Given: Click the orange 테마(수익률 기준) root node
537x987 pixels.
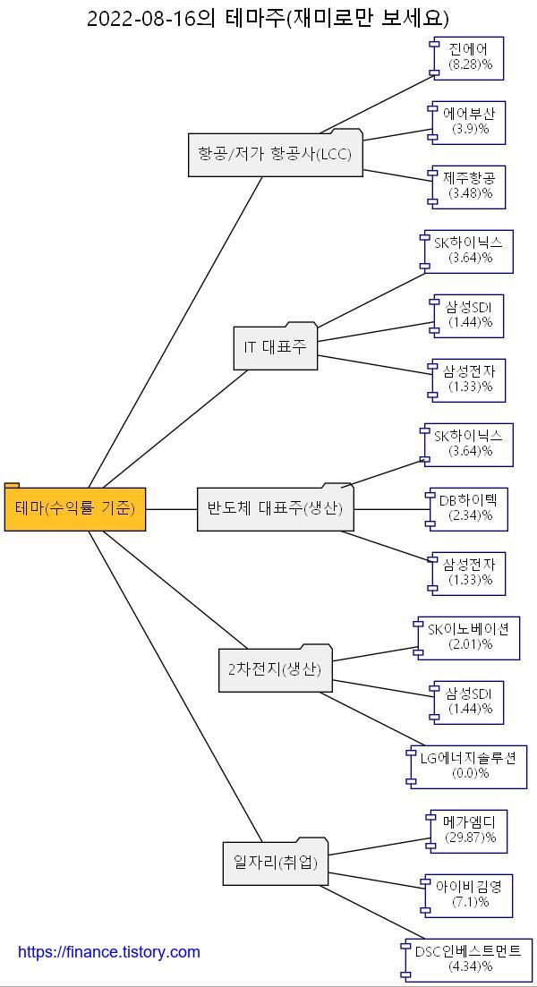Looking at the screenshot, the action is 75,509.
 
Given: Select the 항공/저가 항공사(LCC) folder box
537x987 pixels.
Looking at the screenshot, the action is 275,155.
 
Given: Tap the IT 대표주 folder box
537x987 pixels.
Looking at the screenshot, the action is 275,347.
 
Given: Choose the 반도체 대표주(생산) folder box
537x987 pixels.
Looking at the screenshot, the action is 275,509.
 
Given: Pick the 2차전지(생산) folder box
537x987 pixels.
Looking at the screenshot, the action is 275,669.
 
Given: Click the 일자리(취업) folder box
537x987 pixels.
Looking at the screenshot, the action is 275,863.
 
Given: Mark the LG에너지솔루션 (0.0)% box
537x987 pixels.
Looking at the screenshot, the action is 468,766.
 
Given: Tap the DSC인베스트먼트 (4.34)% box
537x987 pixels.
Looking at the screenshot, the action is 466,959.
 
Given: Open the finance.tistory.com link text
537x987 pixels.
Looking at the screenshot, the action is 109,952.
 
